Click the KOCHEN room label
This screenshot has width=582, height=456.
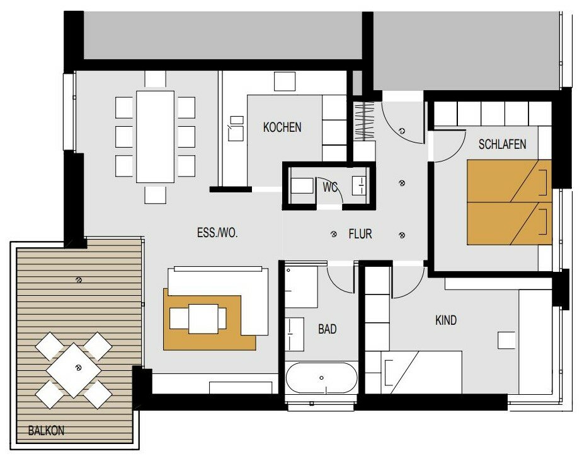coord(282,127)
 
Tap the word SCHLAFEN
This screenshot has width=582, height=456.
coord(502,144)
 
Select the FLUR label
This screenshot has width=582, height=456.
coord(360,234)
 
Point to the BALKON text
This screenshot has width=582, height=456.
coord(47,431)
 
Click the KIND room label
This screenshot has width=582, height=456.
coord(446,320)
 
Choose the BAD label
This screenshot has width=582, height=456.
coord(328,329)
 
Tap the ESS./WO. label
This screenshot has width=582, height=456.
coord(217,233)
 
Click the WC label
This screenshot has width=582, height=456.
coord(330,187)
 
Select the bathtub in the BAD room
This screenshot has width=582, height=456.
coord(321,378)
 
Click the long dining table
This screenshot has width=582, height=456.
coord(155,137)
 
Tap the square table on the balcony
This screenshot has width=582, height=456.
coord(74,370)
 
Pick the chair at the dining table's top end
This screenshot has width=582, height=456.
coord(155,79)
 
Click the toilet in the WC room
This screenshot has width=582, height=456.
coord(301,185)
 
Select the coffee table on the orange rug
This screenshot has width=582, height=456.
coord(203,319)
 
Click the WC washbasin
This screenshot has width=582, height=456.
coord(359,185)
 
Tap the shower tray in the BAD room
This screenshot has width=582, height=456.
coord(301,286)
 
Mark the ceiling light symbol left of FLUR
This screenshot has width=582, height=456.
coord(334,234)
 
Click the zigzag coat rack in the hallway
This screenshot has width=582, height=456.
coord(364,121)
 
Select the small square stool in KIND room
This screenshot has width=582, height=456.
coord(506,341)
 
